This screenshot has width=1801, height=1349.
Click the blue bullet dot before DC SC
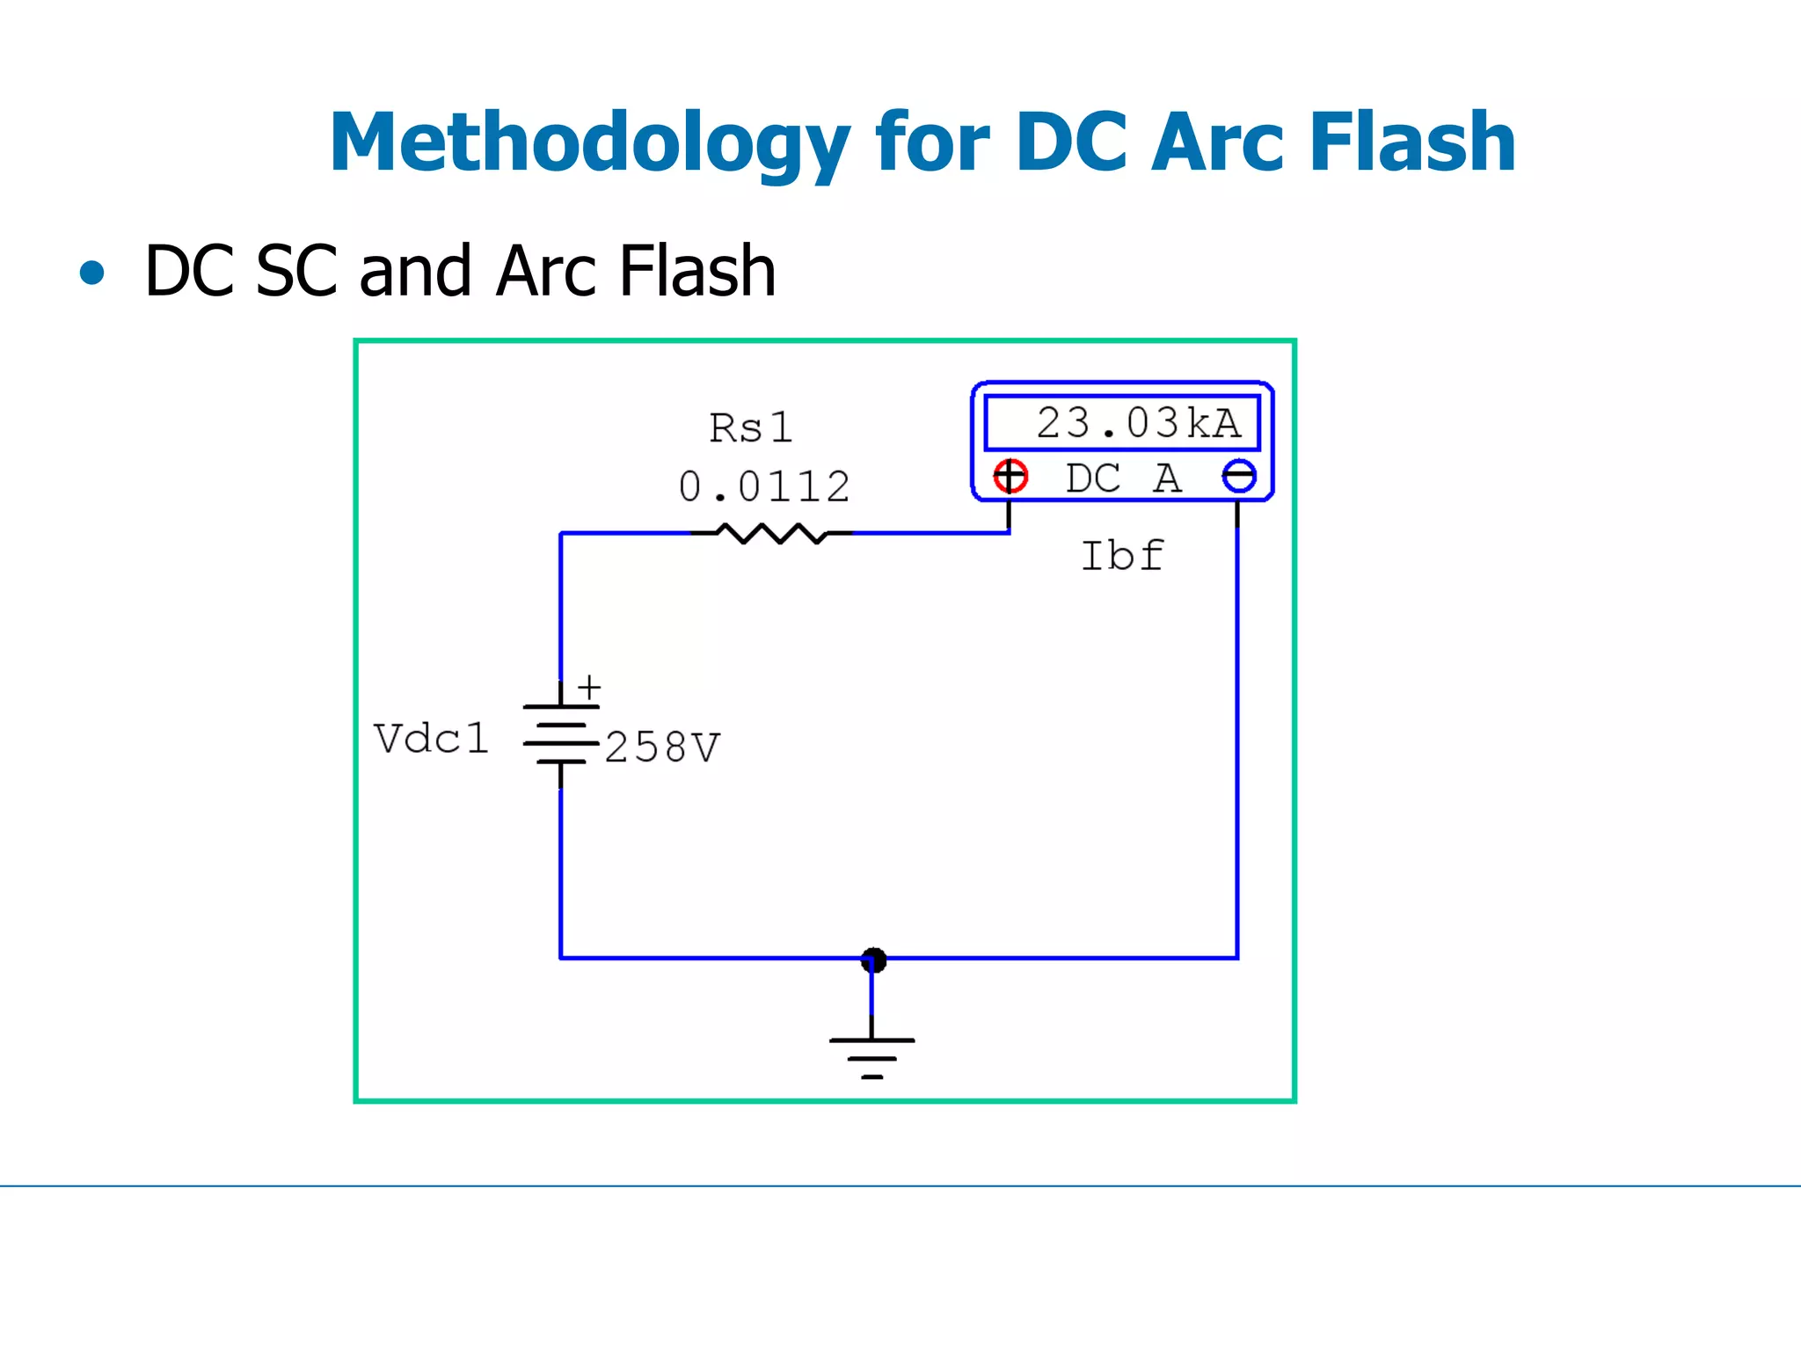pos(91,273)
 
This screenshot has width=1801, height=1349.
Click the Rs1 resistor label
pos(750,428)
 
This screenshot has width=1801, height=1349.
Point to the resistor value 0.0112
pos(764,486)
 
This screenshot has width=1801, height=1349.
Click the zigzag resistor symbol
pos(772,533)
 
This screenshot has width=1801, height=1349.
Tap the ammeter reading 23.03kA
pos(1138,423)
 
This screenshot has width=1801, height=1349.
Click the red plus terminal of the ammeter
pos(1010,476)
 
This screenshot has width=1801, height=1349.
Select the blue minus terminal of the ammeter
pos(1239,477)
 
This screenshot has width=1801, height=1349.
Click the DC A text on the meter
pos(1123,478)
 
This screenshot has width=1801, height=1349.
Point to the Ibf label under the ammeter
pos(1122,556)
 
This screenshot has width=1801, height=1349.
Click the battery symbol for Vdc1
pos(560,734)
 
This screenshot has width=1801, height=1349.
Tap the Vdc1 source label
pos(431,738)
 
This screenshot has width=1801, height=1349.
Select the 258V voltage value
pos(662,747)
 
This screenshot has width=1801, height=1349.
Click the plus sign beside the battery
pos(589,686)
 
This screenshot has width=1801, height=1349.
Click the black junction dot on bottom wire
pos(873,959)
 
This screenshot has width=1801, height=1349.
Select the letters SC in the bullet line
pos(296,271)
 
